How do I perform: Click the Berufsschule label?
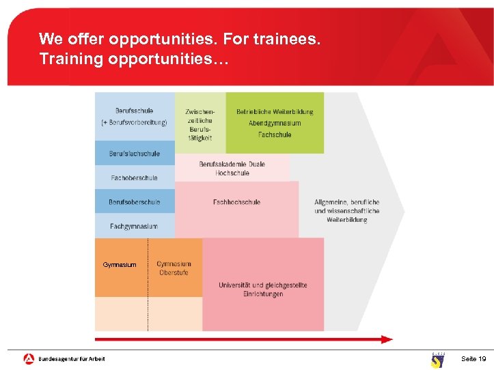[x=134, y=111]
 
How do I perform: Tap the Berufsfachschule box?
[x=135, y=154]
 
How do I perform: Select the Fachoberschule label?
[x=135, y=177]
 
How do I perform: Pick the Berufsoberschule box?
[x=135, y=202]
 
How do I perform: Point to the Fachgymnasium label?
[x=135, y=226]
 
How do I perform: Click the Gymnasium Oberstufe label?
[x=174, y=268]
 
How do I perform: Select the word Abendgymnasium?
[x=275, y=124]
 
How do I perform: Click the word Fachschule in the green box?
[x=275, y=134]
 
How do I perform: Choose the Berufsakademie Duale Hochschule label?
[x=232, y=169]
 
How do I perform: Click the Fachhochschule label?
[x=236, y=202]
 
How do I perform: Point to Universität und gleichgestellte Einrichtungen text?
[x=263, y=289]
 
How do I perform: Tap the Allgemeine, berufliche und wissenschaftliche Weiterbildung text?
[x=347, y=211]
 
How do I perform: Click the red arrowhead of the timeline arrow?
[x=387, y=339]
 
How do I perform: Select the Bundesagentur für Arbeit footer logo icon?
[x=29, y=358]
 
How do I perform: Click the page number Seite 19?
[x=474, y=358]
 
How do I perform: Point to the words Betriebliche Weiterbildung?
[x=275, y=112]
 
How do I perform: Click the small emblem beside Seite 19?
[x=437, y=360]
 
